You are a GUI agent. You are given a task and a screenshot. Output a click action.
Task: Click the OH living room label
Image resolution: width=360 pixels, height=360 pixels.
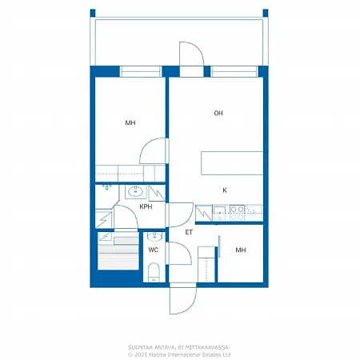[218, 113]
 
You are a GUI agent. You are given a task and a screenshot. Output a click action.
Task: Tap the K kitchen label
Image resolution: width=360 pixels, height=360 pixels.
[225, 190]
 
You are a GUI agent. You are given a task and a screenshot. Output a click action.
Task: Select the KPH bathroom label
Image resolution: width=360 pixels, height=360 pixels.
[146, 206]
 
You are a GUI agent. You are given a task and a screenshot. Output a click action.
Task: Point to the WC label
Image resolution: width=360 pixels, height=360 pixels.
[154, 250]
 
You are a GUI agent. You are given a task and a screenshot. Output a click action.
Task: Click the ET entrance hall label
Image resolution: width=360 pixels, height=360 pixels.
[189, 232]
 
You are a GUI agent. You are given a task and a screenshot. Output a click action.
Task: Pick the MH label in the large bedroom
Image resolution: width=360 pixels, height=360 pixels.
[130, 122]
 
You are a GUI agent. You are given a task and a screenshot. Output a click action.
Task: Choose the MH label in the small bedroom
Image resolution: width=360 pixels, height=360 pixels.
[241, 250]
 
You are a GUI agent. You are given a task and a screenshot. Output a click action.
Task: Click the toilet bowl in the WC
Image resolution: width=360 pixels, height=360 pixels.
[154, 272]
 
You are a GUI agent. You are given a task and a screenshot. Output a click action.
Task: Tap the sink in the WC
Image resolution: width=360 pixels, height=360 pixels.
[154, 236]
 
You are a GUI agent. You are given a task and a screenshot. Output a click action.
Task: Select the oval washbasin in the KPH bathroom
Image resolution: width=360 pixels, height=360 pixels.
[135, 191]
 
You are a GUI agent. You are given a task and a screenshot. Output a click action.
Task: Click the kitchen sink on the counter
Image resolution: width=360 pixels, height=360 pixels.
[220, 213]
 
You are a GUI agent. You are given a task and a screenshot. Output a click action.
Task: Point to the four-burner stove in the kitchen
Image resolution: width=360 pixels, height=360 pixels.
[237, 213]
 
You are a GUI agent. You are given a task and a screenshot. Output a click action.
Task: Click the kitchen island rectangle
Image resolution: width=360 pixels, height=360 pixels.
[232, 163]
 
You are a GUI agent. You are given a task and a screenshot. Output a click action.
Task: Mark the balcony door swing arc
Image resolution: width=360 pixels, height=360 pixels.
[199, 48]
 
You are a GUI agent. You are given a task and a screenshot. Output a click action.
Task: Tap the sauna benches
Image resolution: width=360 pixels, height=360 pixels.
[118, 253]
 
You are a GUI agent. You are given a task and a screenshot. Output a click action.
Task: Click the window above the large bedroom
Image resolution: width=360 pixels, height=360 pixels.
[141, 71]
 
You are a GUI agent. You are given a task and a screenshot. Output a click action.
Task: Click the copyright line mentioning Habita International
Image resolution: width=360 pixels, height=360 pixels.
[179, 354]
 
